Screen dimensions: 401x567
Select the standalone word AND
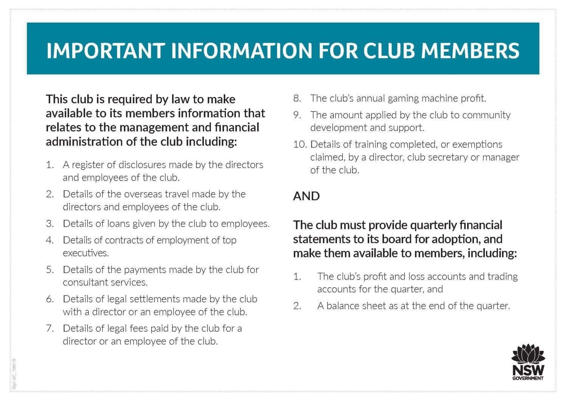[x=306, y=196]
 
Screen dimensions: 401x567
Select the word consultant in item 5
[x=85, y=282]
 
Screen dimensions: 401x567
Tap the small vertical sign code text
[x=14, y=373]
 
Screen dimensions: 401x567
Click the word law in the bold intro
[x=180, y=99]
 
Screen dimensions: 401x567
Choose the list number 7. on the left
[x=50, y=328]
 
